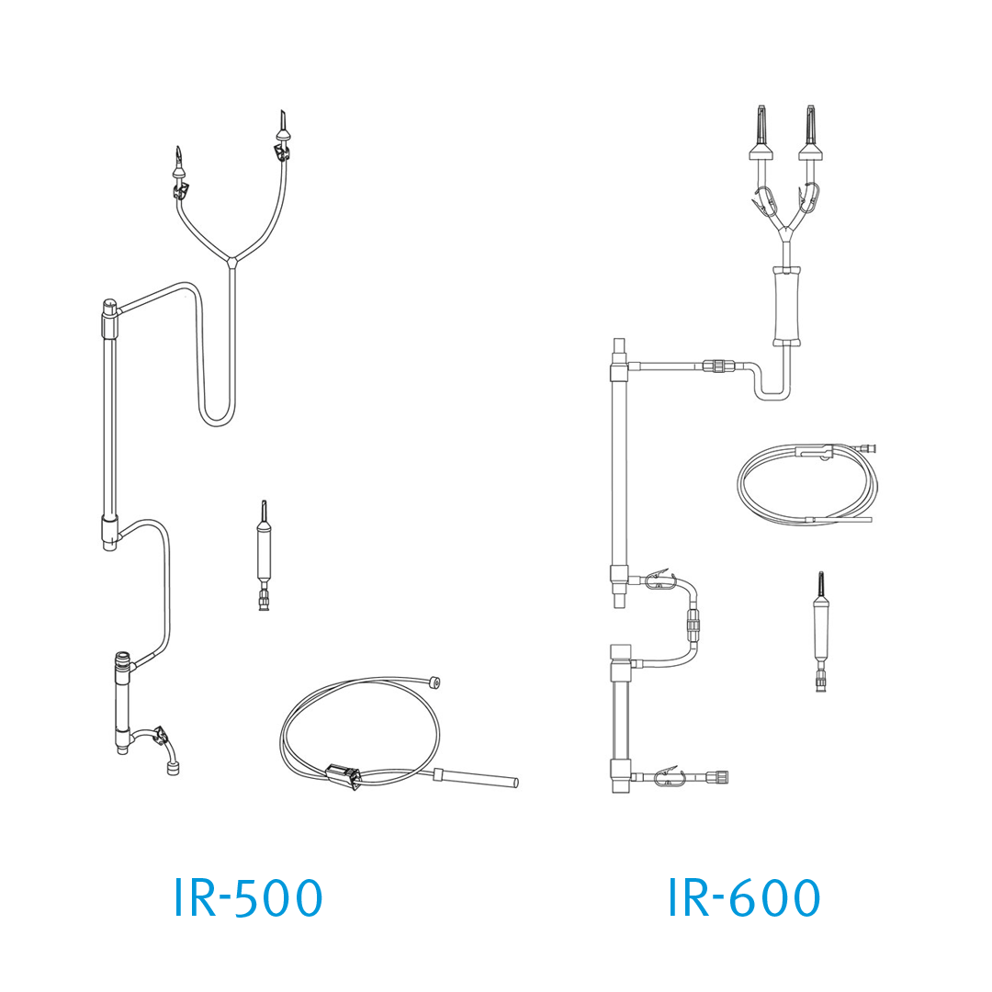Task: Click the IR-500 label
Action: (x=248, y=897)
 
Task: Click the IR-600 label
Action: (x=744, y=897)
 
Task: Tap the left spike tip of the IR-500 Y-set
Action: (x=178, y=148)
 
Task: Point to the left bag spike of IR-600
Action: (x=762, y=133)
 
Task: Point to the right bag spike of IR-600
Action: (x=812, y=133)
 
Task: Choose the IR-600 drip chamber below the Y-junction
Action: (x=786, y=306)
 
